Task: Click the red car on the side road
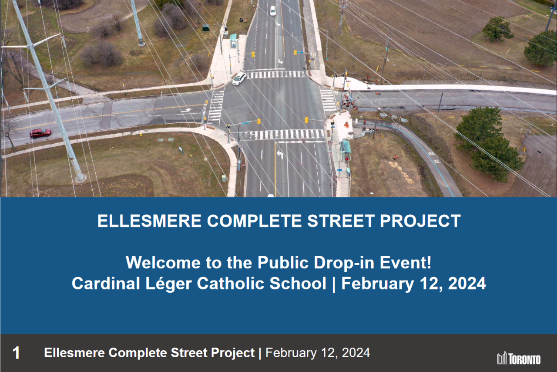point(40,133)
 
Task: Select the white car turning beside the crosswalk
point(239,78)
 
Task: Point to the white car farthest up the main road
point(273,11)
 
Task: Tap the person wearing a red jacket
point(347,159)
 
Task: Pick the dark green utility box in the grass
point(206,27)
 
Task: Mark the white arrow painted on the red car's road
point(187,110)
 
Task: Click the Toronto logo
point(519,359)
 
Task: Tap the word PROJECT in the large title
point(420,221)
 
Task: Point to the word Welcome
point(163,263)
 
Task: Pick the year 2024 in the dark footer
point(356,353)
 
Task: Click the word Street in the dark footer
point(189,353)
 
